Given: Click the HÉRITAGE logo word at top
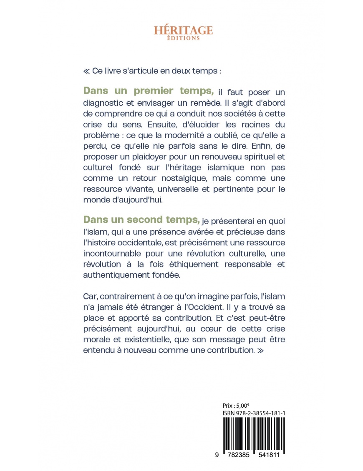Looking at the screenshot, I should click(183, 30).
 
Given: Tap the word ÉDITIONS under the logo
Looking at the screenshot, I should click(183, 38).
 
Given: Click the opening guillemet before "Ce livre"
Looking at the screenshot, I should click(86, 71).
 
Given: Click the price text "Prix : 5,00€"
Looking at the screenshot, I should click(236, 405).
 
